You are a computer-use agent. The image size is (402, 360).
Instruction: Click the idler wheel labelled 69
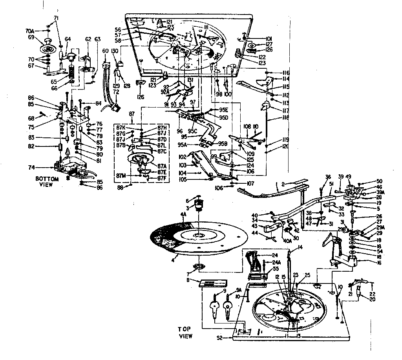point(49,47)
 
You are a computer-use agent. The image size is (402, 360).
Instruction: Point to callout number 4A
point(183,214)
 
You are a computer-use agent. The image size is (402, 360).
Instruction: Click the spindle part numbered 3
point(201,205)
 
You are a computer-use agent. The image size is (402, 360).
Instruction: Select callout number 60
point(105,51)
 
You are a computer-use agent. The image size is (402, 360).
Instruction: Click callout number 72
point(105,91)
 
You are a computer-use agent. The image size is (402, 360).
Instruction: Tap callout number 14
point(290,247)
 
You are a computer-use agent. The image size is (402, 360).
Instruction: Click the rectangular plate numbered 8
point(213,283)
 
